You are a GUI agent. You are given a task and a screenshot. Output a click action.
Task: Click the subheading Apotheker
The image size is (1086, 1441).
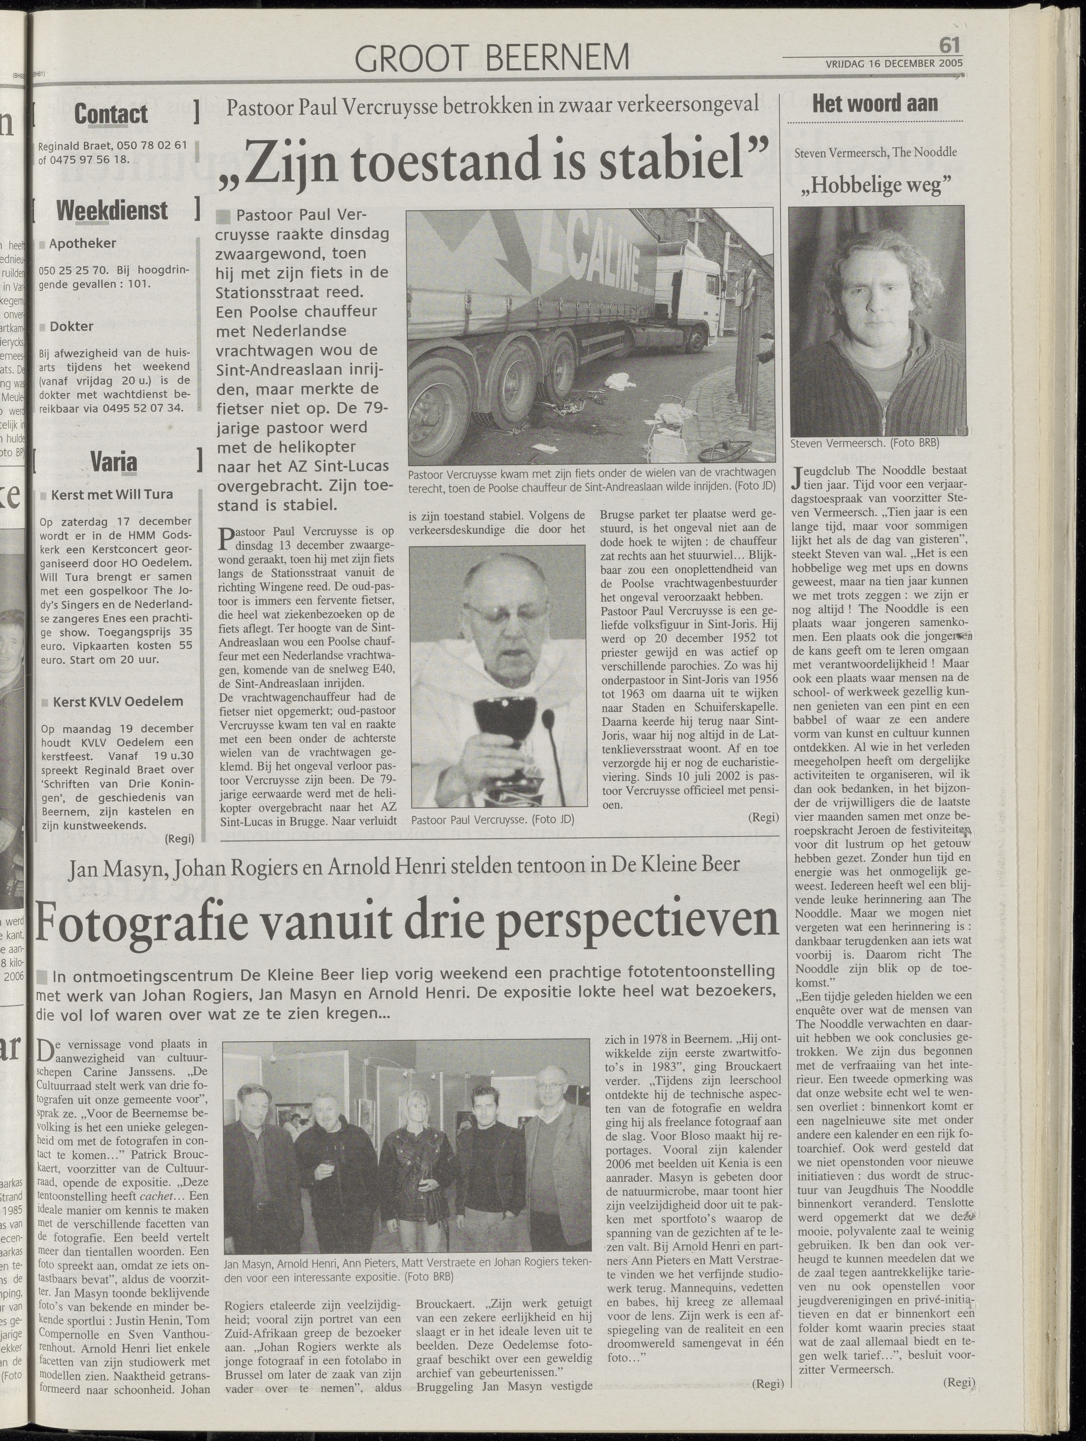coord(83,244)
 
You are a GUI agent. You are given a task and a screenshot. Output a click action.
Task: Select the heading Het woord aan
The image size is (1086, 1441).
coord(874,103)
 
